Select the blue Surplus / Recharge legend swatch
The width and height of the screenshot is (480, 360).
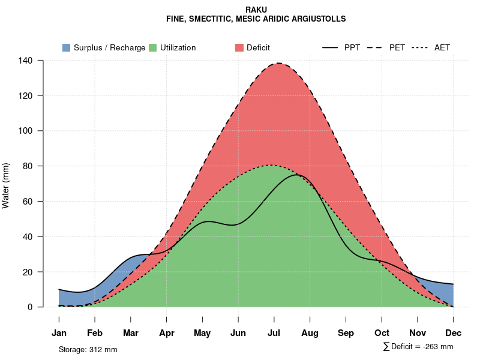click(x=66, y=47)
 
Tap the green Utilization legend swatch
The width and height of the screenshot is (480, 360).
click(x=152, y=47)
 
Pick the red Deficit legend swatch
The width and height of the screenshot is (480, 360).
click(x=239, y=47)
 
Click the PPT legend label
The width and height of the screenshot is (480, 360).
click(x=352, y=47)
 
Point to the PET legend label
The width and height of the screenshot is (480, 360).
click(x=397, y=47)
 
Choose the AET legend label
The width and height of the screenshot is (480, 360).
click(x=442, y=47)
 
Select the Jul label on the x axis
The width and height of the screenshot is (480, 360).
click(x=274, y=333)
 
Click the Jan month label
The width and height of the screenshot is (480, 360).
click(x=59, y=333)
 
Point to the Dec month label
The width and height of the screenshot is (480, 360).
click(x=454, y=333)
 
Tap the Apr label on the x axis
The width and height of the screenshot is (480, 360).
click(x=167, y=333)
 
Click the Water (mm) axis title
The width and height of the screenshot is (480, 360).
click(x=6, y=185)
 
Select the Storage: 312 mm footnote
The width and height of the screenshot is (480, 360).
click(x=88, y=349)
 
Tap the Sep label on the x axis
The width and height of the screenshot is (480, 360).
click(x=346, y=333)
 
